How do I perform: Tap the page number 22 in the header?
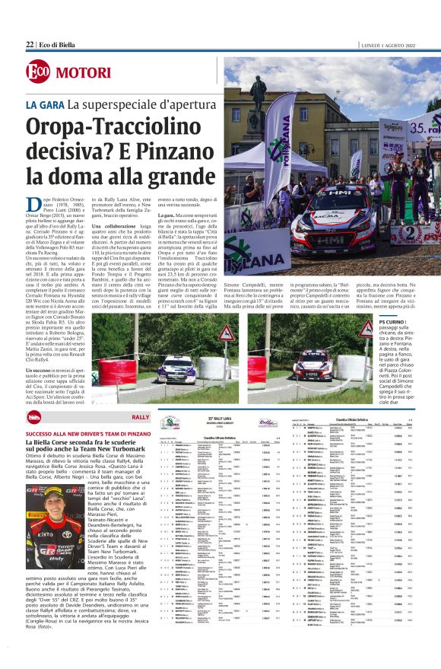point(30,45)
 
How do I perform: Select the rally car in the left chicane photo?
point(178,368)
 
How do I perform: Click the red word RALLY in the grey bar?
point(140,418)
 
